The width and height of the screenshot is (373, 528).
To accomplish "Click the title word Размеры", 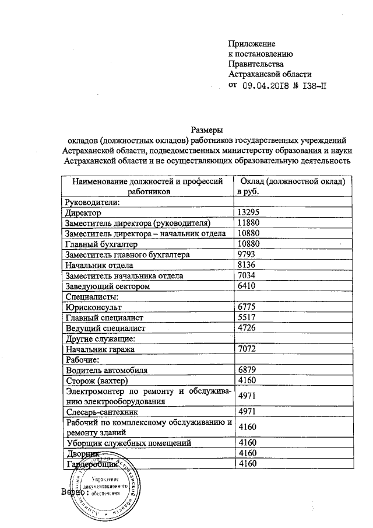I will (207, 130).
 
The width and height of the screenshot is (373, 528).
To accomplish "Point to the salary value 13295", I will (249, 214).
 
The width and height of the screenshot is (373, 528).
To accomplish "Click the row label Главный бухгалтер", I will (101, 244).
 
